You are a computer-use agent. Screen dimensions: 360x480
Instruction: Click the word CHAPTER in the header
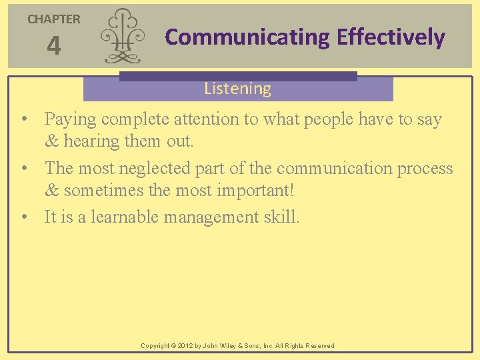click(x=53, y=19)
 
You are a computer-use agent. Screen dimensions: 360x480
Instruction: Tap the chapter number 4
click(x=53, y=47)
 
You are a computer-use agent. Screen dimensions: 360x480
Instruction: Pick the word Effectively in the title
click(x=391, y=37)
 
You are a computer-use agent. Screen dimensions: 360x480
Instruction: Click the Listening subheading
click(x=237, y=89)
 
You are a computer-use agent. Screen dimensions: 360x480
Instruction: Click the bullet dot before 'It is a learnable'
click(x=24, y=217)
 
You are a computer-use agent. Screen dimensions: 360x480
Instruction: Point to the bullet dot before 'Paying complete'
click(x=24, y=120)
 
